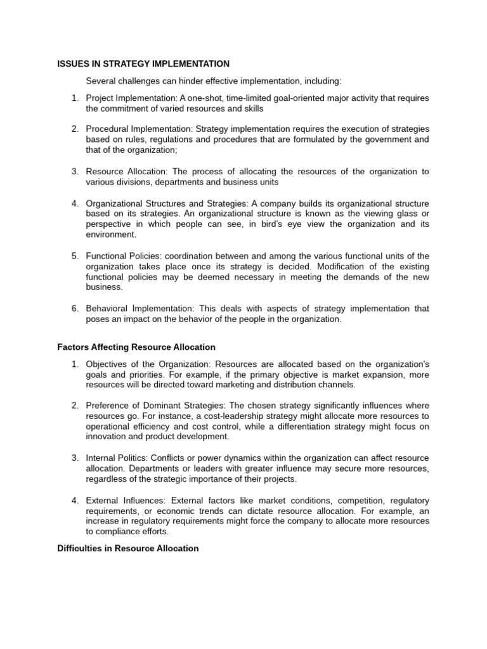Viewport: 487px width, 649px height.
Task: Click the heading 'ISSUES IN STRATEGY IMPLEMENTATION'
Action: coord(143,64)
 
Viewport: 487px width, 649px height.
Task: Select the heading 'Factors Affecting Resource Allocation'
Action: coord(136,347)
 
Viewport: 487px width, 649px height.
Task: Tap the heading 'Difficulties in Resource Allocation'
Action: coord(128,548)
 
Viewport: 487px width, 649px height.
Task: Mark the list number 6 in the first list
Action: coord(74,309)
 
